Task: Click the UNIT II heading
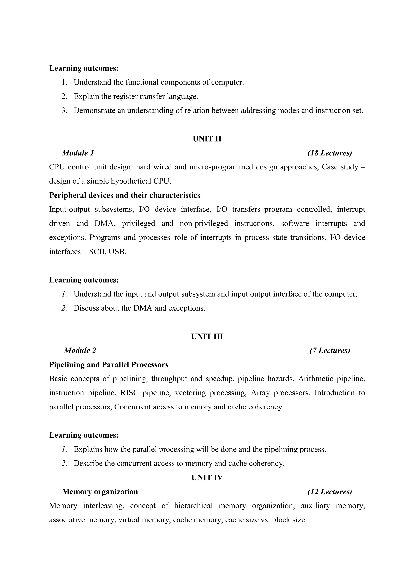tap(207, 139)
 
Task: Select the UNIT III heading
tap(207, 337)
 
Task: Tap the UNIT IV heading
tap(207, 478)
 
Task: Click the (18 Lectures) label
tap(329, 153)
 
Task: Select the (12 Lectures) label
tap(329, 492)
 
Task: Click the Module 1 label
tap(78, 153)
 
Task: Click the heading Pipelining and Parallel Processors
tap(108, 365)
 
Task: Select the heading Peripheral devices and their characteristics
tap(124, 195)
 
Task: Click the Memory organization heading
tap(100, 492)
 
